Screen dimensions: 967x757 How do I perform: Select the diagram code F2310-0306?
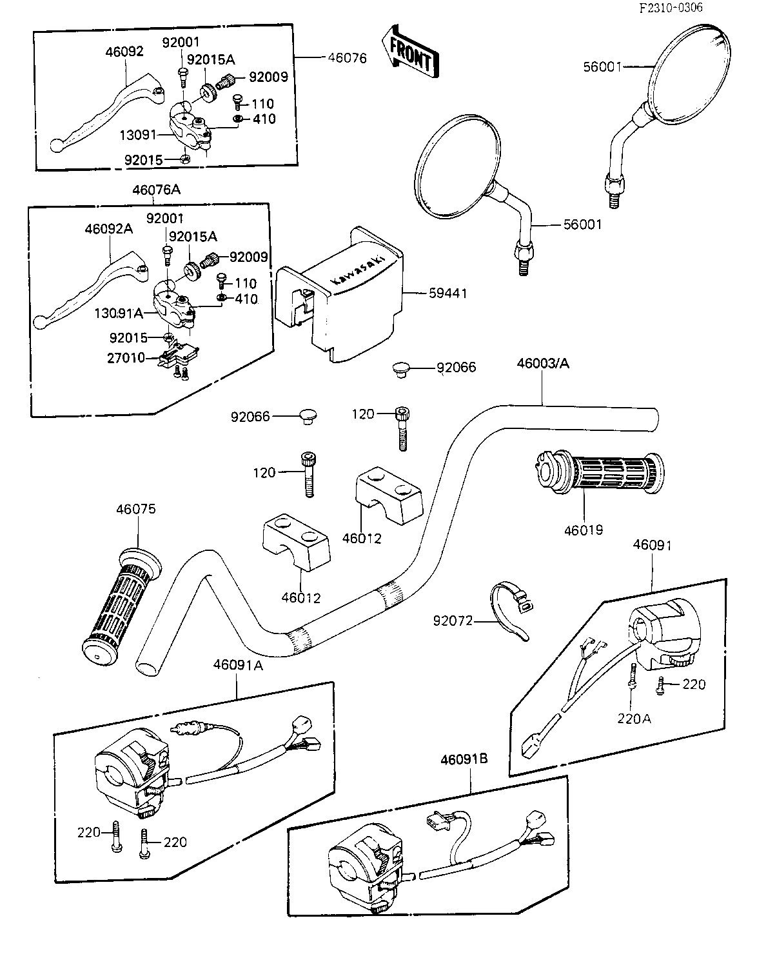pos(671,8)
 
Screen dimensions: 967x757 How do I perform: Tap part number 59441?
pos(447,294)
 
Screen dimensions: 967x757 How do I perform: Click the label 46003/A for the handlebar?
pos(543,364)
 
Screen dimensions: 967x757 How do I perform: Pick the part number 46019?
pos(584,530)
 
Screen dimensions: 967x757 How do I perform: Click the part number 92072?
pos(453,621)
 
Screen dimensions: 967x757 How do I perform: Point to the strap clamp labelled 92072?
pos(509,606)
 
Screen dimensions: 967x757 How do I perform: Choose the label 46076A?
pos(157,190)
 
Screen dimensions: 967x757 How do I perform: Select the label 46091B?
pos(464,759)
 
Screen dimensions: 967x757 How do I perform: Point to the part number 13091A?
pos(119,313)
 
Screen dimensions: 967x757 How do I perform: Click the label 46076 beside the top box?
pos(347,58)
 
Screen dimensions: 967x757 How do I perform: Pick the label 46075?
pos(136,510)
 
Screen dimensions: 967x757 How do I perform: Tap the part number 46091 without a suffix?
pos(652,545)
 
